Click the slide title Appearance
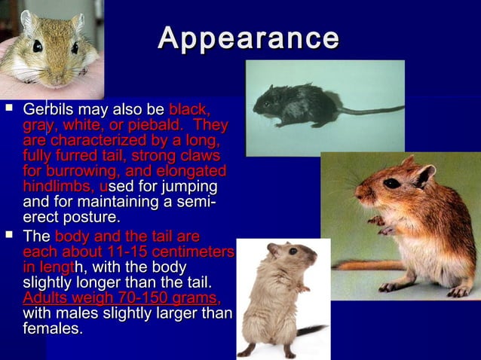click(x=249, y=38)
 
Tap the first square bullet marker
click(x=9, y=108)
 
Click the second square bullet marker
click(x=9, y=236)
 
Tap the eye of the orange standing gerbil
click(x=392, y=183)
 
